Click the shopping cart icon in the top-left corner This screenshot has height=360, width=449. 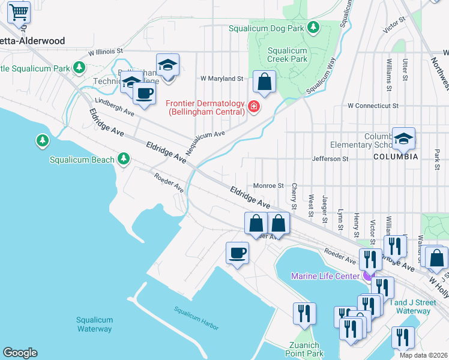point(19,11)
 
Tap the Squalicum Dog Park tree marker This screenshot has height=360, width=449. point(313,28)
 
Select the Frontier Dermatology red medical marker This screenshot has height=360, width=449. point(254,107)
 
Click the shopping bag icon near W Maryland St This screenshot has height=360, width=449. point(264,81)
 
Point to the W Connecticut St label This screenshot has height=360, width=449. point(373,106)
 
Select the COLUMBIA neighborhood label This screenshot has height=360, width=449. point(396,157)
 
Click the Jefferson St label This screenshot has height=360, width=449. point(330,159)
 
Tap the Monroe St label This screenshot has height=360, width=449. point(268,186)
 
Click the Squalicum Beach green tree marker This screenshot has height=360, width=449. point(124,158)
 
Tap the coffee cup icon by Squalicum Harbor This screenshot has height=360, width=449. point(237,252)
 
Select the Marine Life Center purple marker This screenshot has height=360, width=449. point(367,276)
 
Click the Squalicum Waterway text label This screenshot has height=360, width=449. point(94,325)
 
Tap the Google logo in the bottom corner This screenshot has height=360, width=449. point(20,353)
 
